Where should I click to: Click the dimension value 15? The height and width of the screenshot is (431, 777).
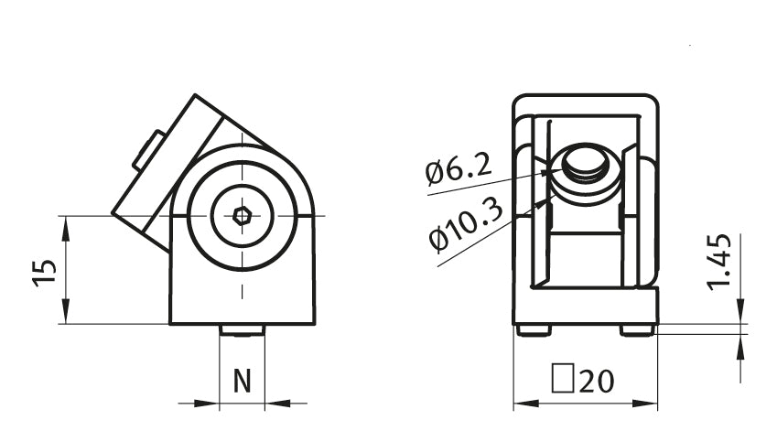[45, 273]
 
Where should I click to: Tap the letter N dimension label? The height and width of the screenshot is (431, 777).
[243, 382]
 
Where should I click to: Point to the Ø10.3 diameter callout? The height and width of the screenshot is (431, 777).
[466, 224]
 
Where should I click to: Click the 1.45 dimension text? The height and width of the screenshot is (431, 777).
[719, 261]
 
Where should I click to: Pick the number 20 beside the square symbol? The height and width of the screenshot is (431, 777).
[597, 382]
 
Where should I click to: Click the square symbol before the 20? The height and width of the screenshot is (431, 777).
[563, 379]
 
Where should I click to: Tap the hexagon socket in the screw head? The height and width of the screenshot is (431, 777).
[243, 216]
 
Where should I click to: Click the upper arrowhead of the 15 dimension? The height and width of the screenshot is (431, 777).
[65, 229]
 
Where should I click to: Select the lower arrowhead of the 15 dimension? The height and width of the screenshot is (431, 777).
[65, 312]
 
